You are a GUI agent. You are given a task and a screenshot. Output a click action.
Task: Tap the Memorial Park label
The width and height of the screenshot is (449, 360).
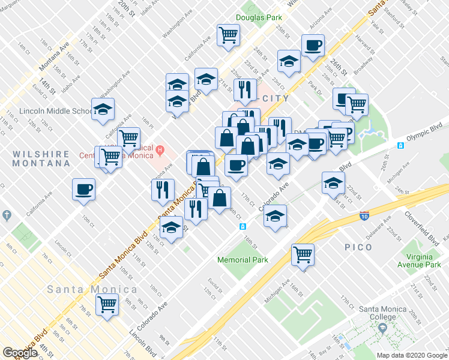(243, 260)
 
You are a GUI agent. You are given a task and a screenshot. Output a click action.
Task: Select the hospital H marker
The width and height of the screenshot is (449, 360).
(160, 149)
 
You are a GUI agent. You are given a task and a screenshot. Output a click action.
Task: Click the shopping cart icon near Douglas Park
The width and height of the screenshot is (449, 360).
(228, 36)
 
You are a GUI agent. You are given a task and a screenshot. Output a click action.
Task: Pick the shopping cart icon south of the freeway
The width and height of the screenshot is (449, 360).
(303, 254)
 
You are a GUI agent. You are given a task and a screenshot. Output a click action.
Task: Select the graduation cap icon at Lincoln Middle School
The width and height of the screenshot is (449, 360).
(103, 109)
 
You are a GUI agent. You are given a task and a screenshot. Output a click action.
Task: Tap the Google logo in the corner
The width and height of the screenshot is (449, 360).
(20, 353)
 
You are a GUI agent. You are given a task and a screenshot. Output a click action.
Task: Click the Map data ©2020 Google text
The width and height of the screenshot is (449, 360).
(412, 355)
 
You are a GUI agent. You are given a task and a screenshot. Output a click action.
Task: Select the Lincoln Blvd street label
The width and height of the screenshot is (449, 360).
(144, 341)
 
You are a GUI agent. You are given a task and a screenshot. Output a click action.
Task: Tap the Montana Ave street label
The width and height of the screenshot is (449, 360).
(55, 53)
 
